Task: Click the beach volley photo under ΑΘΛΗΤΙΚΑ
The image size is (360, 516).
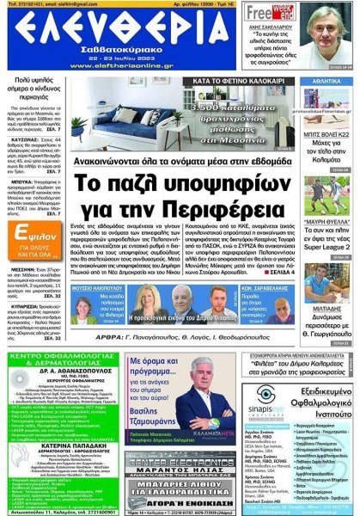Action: (330, 132)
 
